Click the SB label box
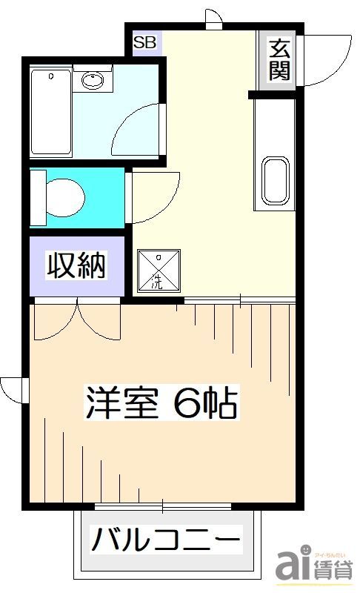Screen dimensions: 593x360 (x=145, y=43)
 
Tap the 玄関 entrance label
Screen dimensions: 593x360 (x=279, y=61)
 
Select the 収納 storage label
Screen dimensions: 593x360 (x=76, y=265)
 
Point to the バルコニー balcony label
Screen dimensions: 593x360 (x=166, y=540)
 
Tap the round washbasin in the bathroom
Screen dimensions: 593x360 (x=93, y=79)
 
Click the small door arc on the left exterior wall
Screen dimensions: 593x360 (x=13, y=388)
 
